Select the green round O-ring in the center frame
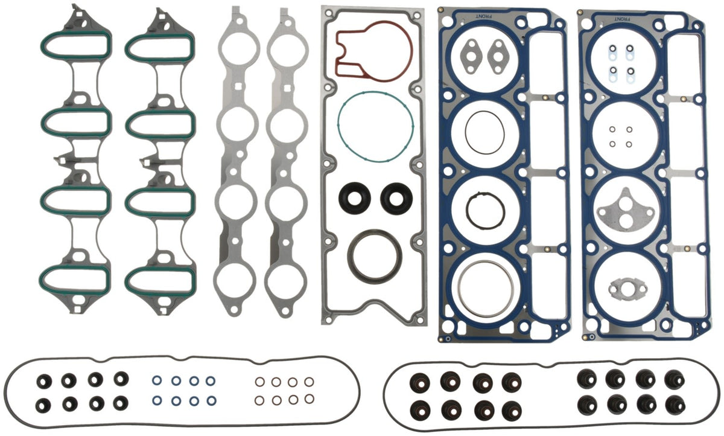click(x=338, y=126)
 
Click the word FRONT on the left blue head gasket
click(x=484, y=16)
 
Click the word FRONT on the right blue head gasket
click(x=622, y=19)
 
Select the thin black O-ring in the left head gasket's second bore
click(x=466, y=133)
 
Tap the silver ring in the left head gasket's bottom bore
click(x=459, y=289)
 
